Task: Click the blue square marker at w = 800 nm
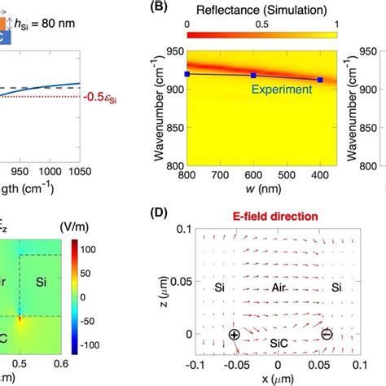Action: click(x=188, y=74)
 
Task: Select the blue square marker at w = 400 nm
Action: click(x=320, y=80)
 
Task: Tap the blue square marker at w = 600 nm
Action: click(x=253, y=76)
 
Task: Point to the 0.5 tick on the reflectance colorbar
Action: click(x=263, y=24)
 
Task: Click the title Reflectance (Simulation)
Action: click(x=262, y=9)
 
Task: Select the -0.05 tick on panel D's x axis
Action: click(x=234, y=365)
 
